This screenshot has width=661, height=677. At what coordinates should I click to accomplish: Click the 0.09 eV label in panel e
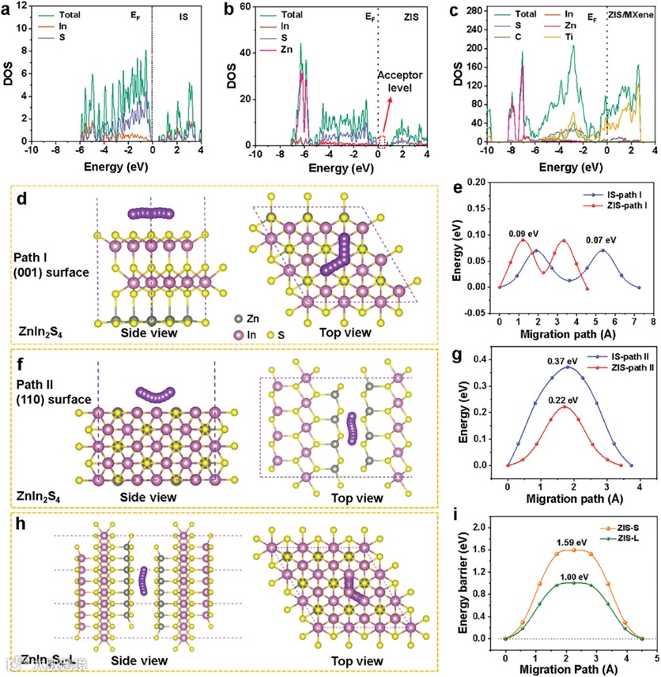tap(521, 233)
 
